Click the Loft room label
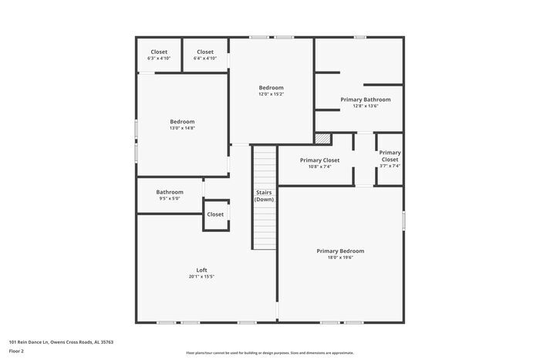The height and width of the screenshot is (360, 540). click(201, 270)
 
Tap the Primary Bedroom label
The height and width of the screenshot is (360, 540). click(340, 251)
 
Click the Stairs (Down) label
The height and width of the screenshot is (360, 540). click(264, 196)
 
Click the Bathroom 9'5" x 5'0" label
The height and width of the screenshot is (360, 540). click(170, 192)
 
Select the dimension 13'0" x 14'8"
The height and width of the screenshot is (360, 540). click(182, 129)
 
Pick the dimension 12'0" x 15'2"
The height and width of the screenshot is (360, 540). click(271, 94)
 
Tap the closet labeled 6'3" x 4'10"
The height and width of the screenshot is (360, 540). click(159, 55)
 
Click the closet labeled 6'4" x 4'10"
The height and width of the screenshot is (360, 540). click(205, 55)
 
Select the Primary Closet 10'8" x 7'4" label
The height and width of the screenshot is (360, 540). click(309, 163)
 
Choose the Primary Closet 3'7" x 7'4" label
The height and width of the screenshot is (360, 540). click(390, 159)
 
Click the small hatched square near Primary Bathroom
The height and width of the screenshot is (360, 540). click(322, 138)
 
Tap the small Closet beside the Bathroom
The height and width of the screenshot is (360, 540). click(215, 214)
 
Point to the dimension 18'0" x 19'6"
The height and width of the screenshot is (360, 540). click(340, 257)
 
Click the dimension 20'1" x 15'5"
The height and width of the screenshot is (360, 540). click(201, 277)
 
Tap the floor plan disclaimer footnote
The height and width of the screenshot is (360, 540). click(269, 352)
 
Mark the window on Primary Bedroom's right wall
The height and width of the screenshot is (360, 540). click(403, 220)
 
